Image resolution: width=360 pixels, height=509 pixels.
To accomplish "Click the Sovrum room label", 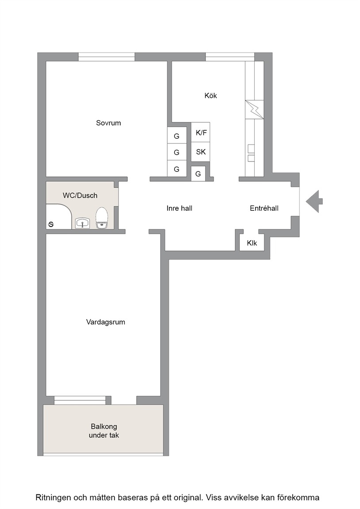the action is click(108, 123).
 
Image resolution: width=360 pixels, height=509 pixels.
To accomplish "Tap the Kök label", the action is click(211, 95).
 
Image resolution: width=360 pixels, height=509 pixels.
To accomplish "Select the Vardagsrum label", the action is click(106, 322).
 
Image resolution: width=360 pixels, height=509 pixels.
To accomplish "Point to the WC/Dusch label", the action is click(80, 195).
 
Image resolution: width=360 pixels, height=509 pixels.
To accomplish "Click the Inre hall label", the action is click(180, 209).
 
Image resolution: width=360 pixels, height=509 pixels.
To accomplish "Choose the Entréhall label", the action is click(264, 209).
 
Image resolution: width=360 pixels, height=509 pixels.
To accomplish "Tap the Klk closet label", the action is click(252, 243).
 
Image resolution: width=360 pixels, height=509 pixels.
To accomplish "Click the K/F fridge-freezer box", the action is click(200, 132).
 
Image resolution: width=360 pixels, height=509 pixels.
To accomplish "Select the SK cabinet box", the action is click(200, 152).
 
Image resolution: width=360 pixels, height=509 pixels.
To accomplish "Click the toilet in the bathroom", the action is click(102, 218).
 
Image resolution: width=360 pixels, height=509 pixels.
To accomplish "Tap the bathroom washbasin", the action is click(83, 223).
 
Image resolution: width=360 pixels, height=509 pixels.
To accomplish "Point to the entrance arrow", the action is click(314, 201).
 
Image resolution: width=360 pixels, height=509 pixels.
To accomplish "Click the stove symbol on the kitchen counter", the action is click(254, 110).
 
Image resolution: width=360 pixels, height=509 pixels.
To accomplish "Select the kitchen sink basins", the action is click(251, 153).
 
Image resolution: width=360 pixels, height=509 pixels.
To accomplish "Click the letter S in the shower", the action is click(51, 224).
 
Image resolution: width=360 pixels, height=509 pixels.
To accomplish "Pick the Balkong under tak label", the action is click(104, 431).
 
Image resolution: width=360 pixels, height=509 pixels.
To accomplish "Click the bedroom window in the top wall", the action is click(107, 57).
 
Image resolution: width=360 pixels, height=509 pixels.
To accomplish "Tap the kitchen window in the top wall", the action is click(230, 57).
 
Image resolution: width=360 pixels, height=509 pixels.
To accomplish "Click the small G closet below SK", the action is click(198, 174).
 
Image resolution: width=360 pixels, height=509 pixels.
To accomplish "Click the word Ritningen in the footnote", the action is click(53, 498).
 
